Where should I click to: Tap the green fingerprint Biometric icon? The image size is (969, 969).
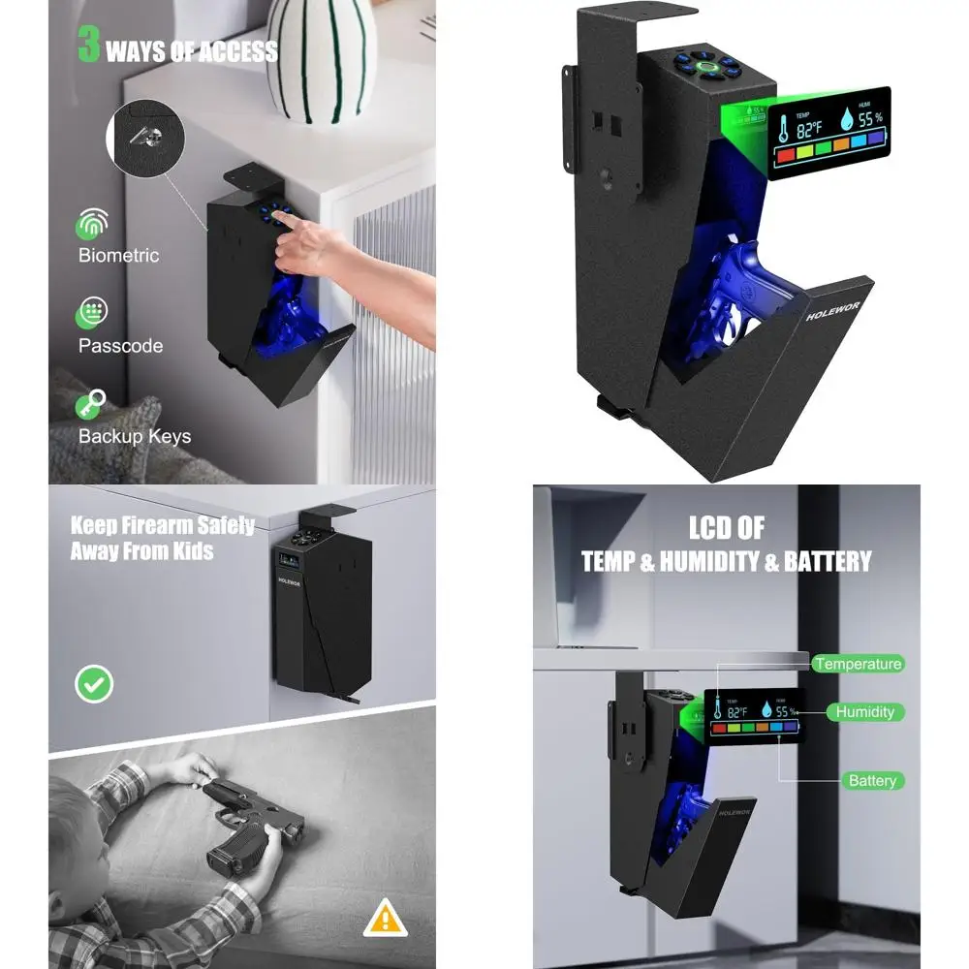point(92,226)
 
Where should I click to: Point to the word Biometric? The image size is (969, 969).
point(118,256)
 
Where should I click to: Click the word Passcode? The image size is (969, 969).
point(120,346)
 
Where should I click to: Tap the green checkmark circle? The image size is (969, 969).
point(94,684)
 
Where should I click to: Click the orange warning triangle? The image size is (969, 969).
point(385,917)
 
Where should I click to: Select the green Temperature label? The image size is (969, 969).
point(858,664)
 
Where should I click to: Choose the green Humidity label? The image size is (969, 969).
point(865,712)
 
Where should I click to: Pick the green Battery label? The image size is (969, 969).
point(871,780)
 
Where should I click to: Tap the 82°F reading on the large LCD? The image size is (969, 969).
point(810,127)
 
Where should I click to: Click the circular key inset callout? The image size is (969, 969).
point(145,141)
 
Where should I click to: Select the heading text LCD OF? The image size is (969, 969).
point(726,528)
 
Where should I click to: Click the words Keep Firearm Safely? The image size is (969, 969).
point(162,526)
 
